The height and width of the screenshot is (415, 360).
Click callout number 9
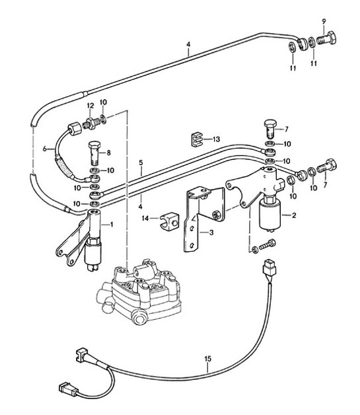point(324,22)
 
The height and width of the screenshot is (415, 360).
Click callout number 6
point(45,149)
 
